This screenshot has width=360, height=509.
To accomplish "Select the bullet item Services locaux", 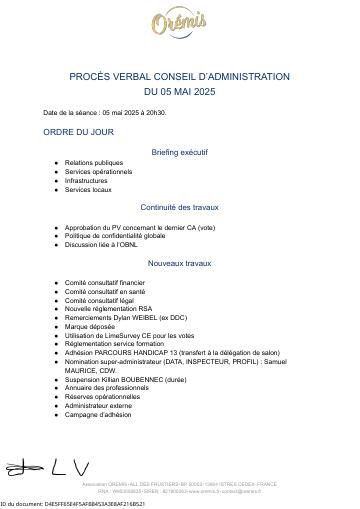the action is coord(88,189).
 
